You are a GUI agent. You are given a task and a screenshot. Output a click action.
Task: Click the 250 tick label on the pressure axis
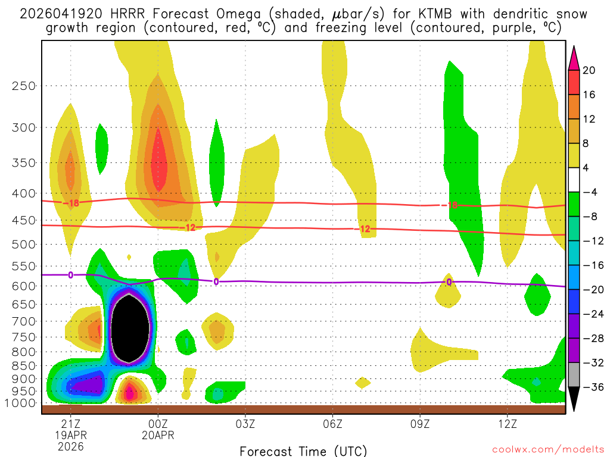coord(24,86)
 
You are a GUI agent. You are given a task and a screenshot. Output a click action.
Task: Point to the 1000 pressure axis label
coord(21,403)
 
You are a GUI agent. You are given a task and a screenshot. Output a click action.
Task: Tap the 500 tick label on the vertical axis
coord(24,244)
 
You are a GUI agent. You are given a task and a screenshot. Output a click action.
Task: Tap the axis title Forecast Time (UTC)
coord(303,450)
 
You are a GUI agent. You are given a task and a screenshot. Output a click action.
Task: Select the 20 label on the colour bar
coord(589,70)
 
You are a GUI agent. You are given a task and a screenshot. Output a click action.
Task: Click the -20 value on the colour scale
coord(591,290)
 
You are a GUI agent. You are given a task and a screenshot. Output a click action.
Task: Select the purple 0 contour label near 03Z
coord(216,281)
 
